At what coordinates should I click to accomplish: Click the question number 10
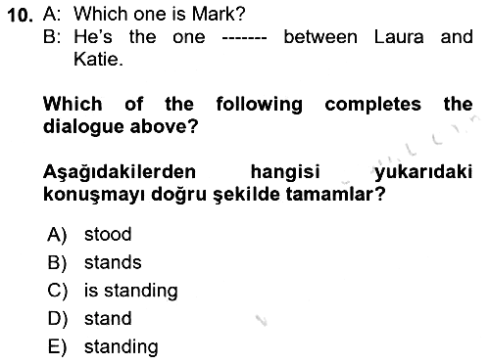(20, 16)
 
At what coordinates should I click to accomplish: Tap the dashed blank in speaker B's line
(244, 38)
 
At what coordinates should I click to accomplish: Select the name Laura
(399, 37)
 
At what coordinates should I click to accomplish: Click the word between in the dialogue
(320, 37)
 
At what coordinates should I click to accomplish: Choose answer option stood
(108, 234)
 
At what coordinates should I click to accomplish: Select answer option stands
(113, 262)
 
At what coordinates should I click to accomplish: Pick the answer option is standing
(131, 291)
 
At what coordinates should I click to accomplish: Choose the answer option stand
(108, 319)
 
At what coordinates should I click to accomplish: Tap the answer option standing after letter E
(122, 347)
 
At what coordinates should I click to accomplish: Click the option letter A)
(57, 235)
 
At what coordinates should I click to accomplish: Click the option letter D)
(58, 319)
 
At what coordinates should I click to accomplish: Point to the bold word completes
(372, 105)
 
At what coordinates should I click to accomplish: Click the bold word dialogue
(83, 127)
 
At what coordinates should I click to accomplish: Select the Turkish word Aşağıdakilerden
(120, 172)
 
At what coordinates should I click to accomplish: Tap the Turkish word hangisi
(285, 172)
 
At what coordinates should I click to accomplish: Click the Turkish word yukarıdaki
(423, 172)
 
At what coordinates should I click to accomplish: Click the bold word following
(260, 105)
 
